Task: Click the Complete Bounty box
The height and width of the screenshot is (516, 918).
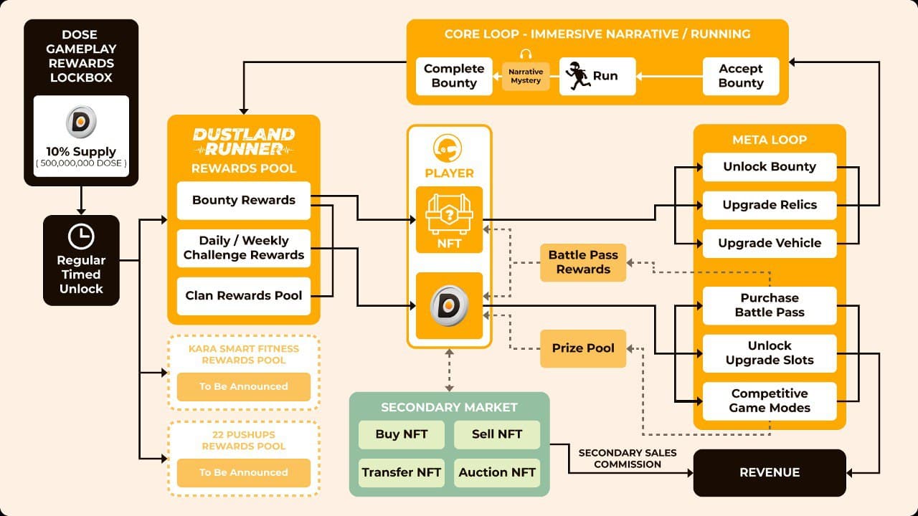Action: pos(454,76)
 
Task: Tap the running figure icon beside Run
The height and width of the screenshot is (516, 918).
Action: pos(576,76)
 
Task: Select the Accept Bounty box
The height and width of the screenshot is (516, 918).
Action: pos(740,76)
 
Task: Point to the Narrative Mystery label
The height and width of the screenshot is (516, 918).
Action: pos(526,76)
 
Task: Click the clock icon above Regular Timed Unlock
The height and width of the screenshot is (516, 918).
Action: pos(81,237)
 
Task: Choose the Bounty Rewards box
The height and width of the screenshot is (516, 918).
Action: pos(243,200)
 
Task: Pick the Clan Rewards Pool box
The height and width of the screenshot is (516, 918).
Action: pos(243,295)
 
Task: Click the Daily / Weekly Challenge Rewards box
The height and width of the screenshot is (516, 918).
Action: pos(243,248)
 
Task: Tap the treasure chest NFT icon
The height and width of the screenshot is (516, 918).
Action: pos(449,214)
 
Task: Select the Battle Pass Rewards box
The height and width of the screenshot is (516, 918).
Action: pos(583,262)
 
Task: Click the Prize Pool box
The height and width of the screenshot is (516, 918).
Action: pos(583,348)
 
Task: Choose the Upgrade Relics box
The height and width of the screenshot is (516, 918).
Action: pos(770,205)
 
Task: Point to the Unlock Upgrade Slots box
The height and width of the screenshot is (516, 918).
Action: pos(770,353)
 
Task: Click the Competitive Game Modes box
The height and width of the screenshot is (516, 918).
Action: pos(770,401)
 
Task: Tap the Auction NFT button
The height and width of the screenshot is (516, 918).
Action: pos(497,472)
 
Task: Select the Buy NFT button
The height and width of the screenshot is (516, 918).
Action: pos(401,434)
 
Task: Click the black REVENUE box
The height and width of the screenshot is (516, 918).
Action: pos(770,472)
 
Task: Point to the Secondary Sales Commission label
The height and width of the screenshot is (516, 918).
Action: pos(620,459)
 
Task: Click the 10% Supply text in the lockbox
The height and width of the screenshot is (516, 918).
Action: pos(81,152)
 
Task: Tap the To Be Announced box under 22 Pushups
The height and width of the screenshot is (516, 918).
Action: pos(243,472)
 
